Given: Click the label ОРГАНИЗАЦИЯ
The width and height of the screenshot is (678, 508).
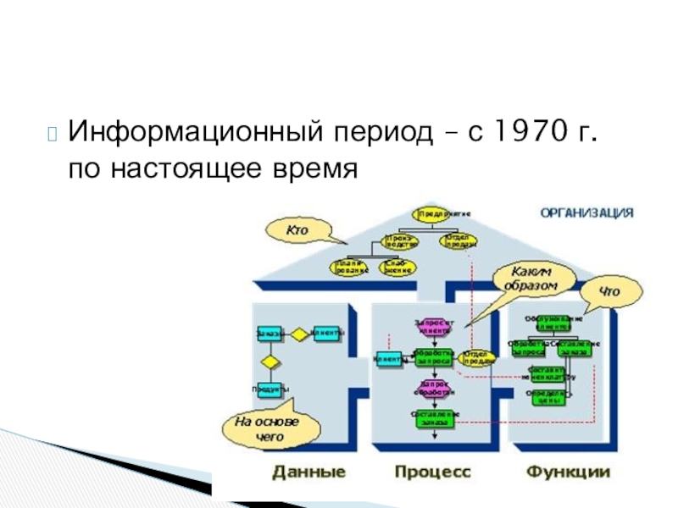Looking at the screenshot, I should (586, 213).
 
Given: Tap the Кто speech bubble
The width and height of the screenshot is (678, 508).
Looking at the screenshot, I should (297, 229).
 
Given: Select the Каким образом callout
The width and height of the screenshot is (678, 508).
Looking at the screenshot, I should (534, 279).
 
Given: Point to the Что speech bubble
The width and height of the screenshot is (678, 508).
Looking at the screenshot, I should (609, 292).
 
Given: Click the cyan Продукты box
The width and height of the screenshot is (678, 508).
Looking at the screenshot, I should (269, 389).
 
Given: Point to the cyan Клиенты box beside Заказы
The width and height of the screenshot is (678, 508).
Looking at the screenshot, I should (327, 334).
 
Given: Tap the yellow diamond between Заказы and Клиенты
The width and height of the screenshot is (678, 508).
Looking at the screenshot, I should (298, 334).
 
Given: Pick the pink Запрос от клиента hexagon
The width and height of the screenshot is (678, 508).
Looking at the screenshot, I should (435, 326).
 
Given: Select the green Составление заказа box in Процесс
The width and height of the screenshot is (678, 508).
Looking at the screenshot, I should (435, 417).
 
